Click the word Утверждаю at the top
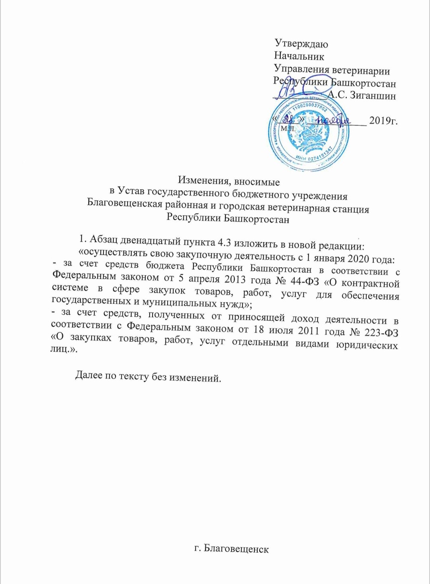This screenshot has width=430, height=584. tap(301, 44)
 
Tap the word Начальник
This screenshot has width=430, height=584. tap(299, 56)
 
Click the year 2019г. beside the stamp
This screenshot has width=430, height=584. tap(383, 120)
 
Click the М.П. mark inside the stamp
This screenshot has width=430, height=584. tap(287, 128)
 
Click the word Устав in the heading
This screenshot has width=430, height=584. tap(131, 192)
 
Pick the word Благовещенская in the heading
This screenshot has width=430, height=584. tap(125, 203)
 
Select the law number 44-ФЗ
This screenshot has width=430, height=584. tap(305, 281)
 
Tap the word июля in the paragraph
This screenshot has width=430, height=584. tap(281, 330)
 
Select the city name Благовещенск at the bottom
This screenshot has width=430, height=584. tap(236, 549)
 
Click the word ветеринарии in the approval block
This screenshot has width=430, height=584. tap(361, 71)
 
